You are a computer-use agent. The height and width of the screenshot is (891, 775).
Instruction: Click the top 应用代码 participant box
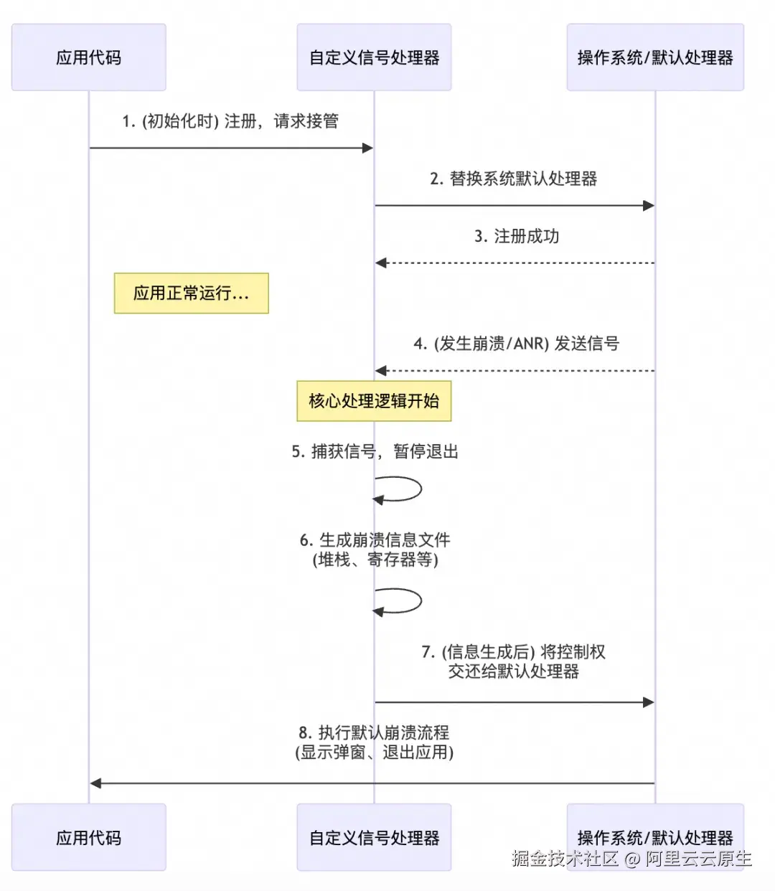[88, 57]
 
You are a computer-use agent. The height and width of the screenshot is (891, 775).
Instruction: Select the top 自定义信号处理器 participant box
[374, 57]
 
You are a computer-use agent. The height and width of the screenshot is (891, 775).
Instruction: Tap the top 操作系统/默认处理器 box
[655, 57]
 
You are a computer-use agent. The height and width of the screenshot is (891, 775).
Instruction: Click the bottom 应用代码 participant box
[88, 837]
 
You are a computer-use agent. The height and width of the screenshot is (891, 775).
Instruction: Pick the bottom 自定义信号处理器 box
[374, 837]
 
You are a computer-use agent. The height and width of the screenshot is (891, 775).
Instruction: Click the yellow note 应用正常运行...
[191, 293]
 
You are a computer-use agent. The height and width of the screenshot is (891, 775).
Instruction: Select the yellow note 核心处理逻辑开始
[374, 401]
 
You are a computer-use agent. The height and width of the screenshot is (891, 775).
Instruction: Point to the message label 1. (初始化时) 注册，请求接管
[230, 121]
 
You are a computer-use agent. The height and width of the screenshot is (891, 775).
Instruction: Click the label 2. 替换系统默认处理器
[513, 179]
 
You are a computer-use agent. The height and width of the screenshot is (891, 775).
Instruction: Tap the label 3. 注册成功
[517, 236]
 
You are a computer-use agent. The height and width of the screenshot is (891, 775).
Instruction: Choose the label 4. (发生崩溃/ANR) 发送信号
[516, 344]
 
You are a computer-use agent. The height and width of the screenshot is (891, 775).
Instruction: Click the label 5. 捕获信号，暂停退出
[374, 451]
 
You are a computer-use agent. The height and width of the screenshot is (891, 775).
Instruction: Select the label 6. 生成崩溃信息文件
[375, 540]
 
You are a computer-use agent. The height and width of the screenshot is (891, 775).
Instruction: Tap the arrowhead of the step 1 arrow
[367, 148]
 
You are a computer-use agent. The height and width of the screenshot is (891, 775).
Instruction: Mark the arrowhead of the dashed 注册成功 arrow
[381, 263]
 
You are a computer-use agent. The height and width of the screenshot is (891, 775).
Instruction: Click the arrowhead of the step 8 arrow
[95, 783]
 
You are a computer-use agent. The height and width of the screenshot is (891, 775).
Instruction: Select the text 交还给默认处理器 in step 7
[513, 671]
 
